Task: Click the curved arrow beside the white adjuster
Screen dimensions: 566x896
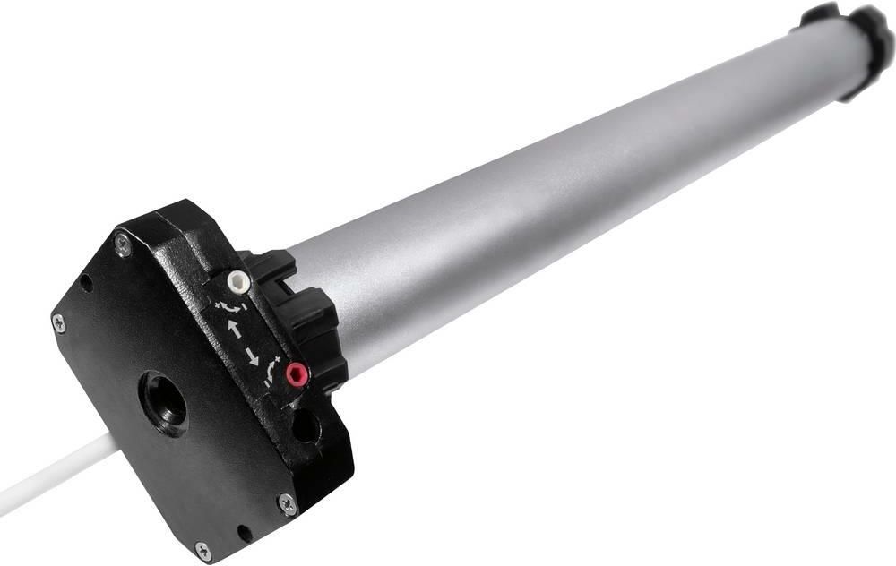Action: (x=228, y=307)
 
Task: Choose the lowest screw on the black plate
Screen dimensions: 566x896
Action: (x=203, y=548)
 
